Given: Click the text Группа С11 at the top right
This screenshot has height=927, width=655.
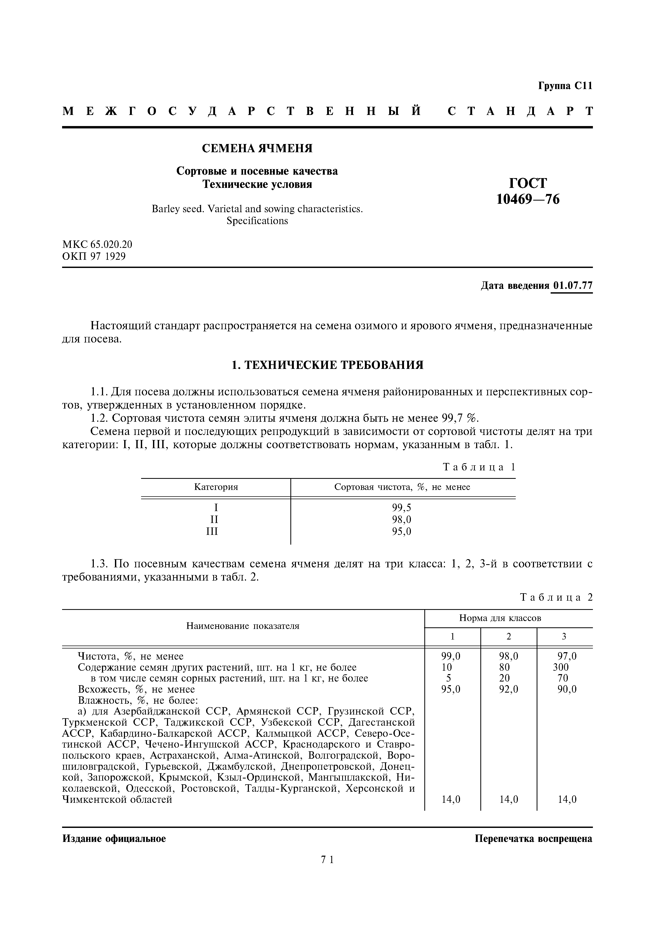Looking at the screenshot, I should [565, 86].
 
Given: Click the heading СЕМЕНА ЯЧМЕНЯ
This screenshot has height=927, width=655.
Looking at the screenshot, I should [257, 149].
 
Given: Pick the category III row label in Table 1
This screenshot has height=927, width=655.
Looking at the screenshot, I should [212, 531].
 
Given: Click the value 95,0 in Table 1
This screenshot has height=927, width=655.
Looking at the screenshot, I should [402, 531].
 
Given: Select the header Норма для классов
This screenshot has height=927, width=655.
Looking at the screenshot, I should [500, 618].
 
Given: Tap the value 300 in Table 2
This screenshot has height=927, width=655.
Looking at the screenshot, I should [561, 667].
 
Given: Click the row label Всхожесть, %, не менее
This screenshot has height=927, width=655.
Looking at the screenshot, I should [136, 689].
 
